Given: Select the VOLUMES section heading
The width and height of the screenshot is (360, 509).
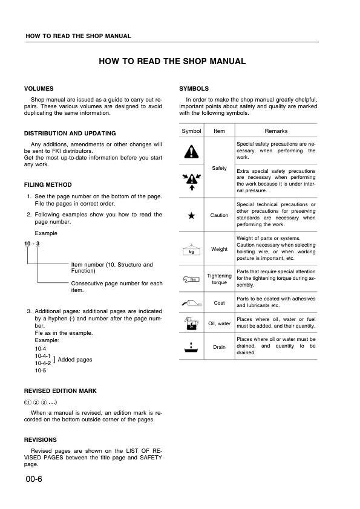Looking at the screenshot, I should coord(39,88).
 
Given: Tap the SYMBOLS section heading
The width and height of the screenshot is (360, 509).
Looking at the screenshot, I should coord(194,88).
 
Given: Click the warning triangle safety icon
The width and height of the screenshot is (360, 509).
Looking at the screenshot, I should coord(191,151).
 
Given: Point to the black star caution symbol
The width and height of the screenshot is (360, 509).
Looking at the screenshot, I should coord(191,215).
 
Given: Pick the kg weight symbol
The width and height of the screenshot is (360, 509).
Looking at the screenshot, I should coord(191,250).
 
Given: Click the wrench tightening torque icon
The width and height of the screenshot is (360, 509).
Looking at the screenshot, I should coord(191,279).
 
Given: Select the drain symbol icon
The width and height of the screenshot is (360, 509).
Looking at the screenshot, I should coord(191,348).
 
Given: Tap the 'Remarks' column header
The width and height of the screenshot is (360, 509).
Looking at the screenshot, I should coord(276,131).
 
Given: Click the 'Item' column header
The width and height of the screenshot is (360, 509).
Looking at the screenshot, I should coord(219,131).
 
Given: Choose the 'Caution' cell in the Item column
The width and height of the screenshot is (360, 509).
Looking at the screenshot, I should coord(219,215).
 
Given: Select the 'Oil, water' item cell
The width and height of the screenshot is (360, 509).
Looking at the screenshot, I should coord(219,323).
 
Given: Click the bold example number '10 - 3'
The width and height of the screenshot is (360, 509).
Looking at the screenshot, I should coord(31,244).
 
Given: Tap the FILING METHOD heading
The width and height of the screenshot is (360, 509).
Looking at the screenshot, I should coord(48,185).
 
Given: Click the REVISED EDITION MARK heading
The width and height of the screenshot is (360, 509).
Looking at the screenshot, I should coord(60,391).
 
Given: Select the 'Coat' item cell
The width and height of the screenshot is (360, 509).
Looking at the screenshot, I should coord(219,302).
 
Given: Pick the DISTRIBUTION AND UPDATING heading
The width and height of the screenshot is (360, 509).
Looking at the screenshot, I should coord(70,133).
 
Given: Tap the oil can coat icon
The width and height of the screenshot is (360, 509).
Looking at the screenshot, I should coord(191,302).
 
